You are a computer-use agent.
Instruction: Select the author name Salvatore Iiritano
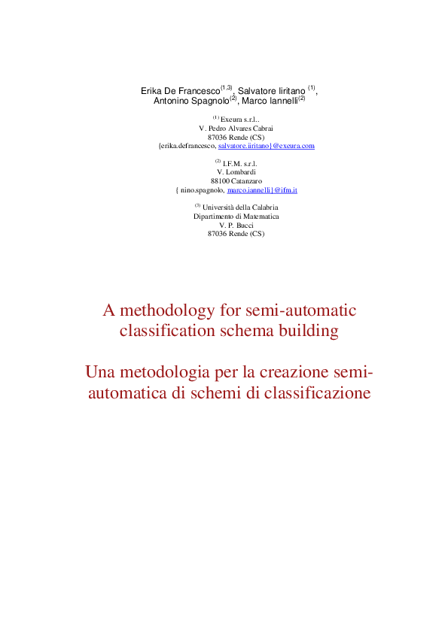tap(271, 91)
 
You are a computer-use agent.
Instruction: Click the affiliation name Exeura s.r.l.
tap(239, 119)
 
